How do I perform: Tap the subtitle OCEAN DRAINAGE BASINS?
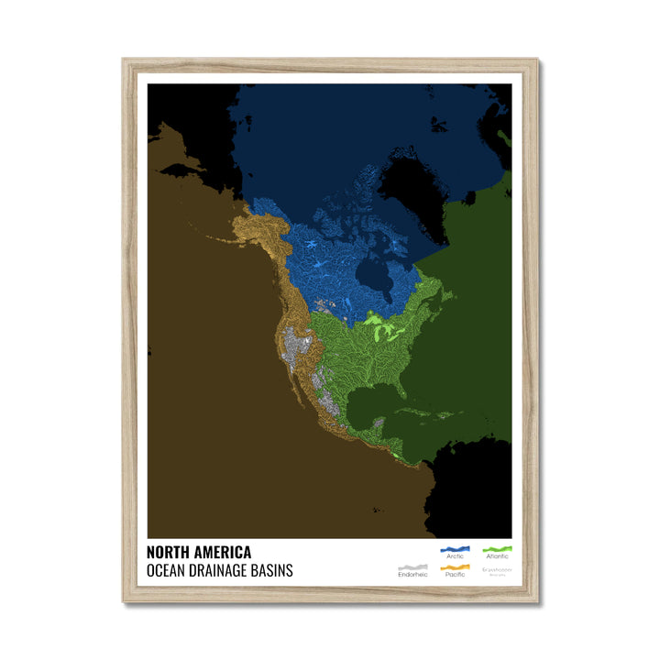[219, 570]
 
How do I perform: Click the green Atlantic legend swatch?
[498, 550]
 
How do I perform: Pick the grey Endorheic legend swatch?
[412, 567]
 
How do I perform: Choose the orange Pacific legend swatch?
[455, 567]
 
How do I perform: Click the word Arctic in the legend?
[454, 557]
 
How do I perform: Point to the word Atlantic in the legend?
[498, 557]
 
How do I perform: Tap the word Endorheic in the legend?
[412, 575]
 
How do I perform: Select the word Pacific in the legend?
[455, 575]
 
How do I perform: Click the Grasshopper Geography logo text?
[498, 571]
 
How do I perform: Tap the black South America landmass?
[467, 495]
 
